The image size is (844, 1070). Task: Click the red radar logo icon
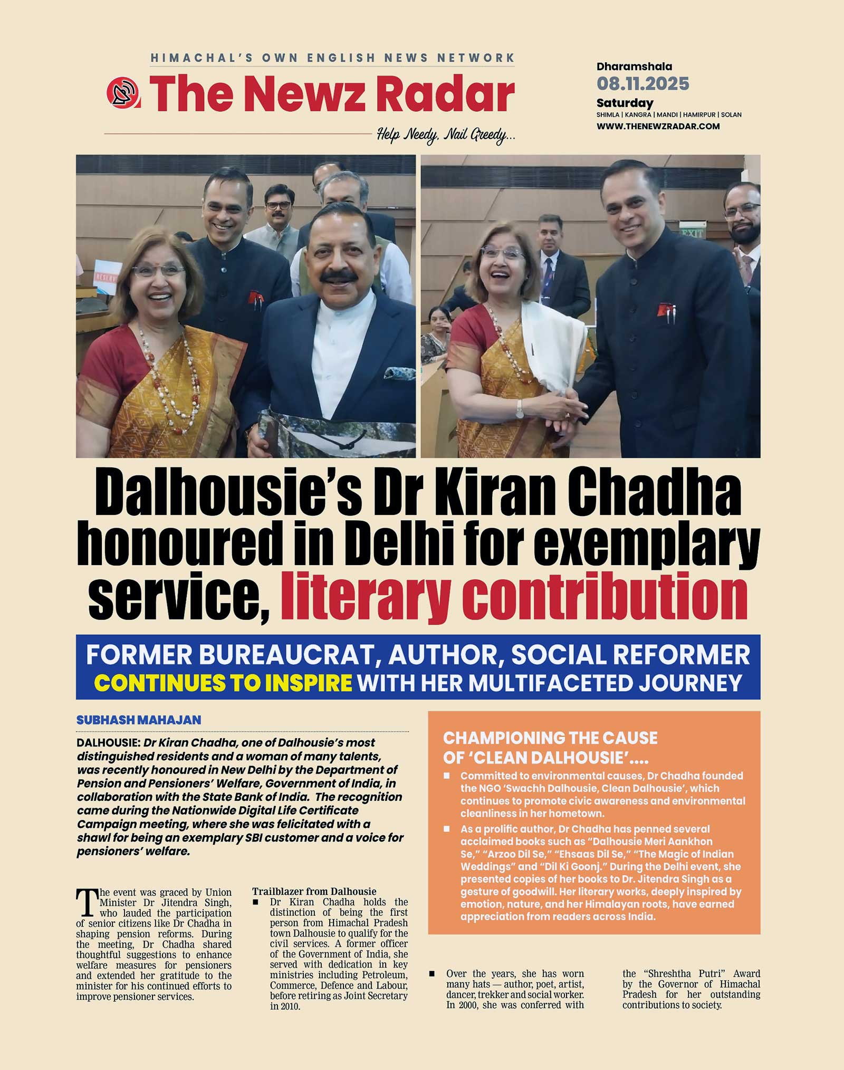(x=122, y=93)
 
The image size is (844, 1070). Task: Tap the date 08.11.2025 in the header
(x=642, y=83)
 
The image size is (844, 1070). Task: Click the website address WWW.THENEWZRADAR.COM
(x=658, y=126)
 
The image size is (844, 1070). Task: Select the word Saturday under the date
(x=625, y=103)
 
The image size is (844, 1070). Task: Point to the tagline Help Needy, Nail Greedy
(x=446, y=136)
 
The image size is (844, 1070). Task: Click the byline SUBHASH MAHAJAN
(x=139, y=720)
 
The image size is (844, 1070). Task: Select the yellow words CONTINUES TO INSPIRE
(x=223, y=683)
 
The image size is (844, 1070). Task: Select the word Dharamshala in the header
(x=634, y=66)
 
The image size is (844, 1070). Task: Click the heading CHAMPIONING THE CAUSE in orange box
(x=550, y=738)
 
